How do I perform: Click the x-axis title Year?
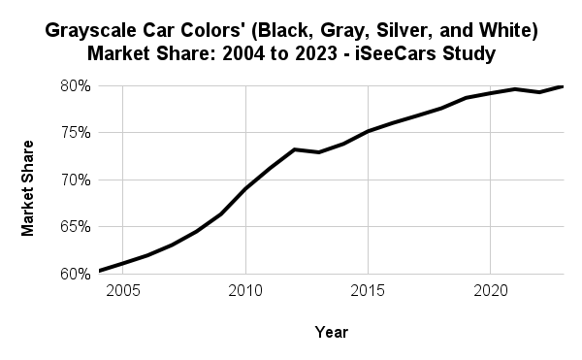click(331, 333)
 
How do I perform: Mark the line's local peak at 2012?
click(294, 149)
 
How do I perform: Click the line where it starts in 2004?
click(100, 271)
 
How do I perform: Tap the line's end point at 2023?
click(563, 86)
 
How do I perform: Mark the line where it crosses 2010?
click(245, 188)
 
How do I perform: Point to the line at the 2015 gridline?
click(368, 131)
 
